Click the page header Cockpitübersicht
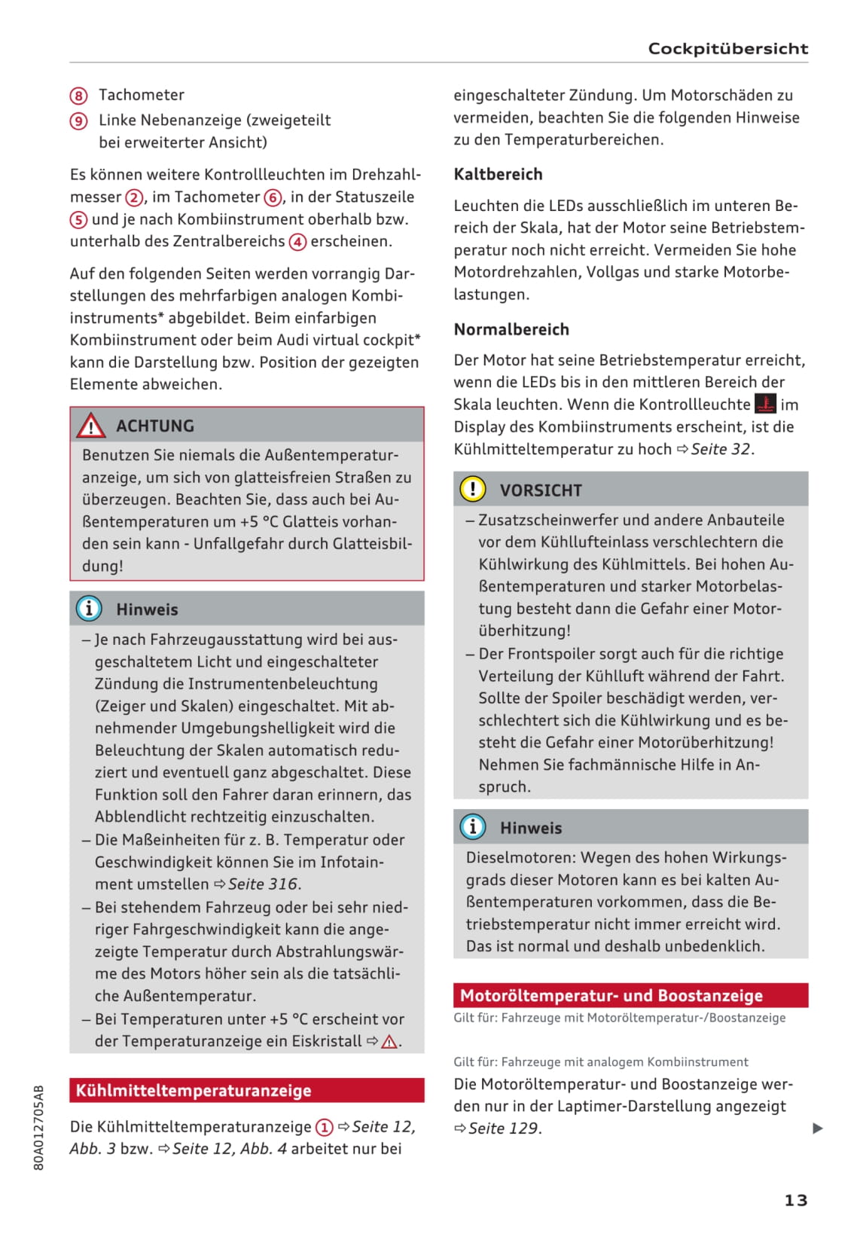pyautogui.click(x=727, y=49)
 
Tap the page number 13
pyautogui.click(x=795, y=1200)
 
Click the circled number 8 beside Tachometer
pyautogui.click(x=79, y=96)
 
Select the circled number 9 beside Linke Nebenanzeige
pyautogui.click(x=79, y=121)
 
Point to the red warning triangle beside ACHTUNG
pyautogui.click(x=90, y=426)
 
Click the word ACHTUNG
pyautogui.click(x=155, y=426)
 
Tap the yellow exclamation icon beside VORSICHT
pyautogui.click(x=473, y=490)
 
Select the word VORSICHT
pyautogui.click(x=541, y=490)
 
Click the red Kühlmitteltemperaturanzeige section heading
pyautogui.click(x=194, y=1090)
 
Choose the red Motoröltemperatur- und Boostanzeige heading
pyautogui.click(x=611, y=996)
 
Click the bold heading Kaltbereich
pyautogui.click(x=498, y=174)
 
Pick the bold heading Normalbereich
pyautogui.click(x=511, y=329)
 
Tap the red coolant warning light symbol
pyautogui.click(x=765, y=404)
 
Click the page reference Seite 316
pyautogui.click(x=264, y=884)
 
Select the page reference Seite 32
pyautogui.click(x=721, y=449)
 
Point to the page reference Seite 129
pyautogui.click(x=504, y=1128)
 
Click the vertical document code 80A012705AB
pyautogui.click(x=39, y=1127)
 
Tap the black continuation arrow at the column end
pyautogui.click(x=818, y=1128)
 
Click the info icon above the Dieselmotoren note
pyautogui.click(x=473, y=827)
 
